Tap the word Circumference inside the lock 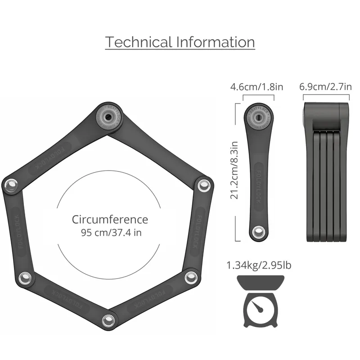click(110, 220)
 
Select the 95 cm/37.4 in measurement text click(110, 233)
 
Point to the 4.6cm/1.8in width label click(256, 86)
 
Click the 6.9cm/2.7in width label click(325, 86)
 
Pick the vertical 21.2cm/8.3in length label click(235, 172)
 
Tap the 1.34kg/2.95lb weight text click(259, 265)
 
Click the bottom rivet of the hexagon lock click(108, 321)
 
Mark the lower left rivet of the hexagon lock click(26, 278)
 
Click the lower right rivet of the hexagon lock click(191, 277)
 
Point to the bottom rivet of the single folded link click(258, 232)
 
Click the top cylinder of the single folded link click(258, 119)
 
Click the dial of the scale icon click(258, 308)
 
